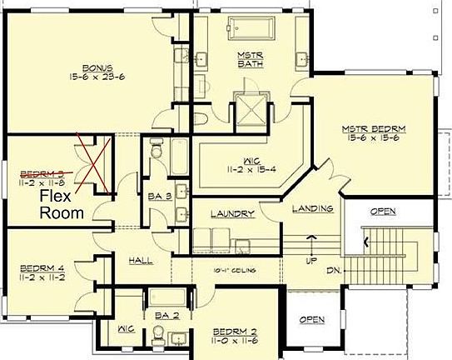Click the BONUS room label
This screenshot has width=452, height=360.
(97, 67)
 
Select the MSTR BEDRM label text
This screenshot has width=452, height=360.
(373, 129)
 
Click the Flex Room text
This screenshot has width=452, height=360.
(63, 205)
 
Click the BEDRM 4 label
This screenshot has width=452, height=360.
(41, 267)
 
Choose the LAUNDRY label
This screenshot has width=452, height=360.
(231, 214)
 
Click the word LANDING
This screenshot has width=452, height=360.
(314, 208)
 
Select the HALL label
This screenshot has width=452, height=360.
(140, 261)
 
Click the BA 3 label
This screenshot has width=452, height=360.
(160, 197)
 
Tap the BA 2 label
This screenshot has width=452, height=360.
(166, 316)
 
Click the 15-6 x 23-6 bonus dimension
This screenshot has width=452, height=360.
(97, 77)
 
